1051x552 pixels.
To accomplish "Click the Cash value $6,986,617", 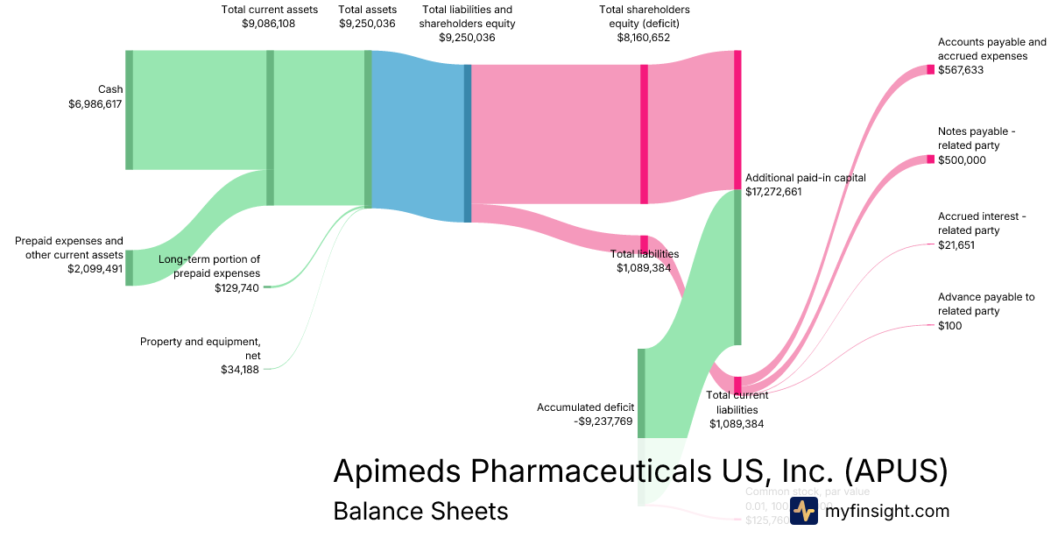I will click(x=95, y=104).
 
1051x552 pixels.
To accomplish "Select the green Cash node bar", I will click(x=130, y=110).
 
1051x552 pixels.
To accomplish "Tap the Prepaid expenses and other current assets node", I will click(x=130, y=267).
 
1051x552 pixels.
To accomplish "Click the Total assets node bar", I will click(x=368, y=129).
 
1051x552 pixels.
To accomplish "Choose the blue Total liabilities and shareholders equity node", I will click(x=468, y=143).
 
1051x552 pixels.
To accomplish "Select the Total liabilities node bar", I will click(x=644, y=244).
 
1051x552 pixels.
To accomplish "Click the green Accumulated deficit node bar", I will click(x=641, y=393).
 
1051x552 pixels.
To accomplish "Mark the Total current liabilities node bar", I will click(x=737, y=386).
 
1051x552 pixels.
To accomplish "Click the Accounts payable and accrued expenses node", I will click(x=931, y=70).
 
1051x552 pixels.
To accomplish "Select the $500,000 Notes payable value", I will click(x=961, y=160).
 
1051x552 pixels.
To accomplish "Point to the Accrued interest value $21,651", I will click(x=956, y=245).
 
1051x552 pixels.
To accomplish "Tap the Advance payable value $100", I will click(x=949, y=326).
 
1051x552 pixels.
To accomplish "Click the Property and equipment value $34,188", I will click(x=240, y=370).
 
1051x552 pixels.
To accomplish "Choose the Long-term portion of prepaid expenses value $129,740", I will click(x=236, y=288).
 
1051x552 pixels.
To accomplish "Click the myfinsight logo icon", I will click(x=803, y=511).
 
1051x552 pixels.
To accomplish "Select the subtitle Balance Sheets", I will click(x=420, y=511).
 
